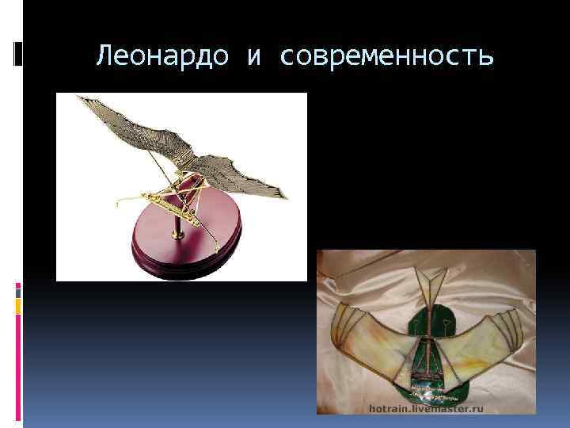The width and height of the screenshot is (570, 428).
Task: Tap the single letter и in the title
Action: click(255, 56)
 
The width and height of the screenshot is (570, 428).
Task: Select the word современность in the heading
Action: click(388, 56)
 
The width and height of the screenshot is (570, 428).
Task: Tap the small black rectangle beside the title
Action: click(19, 53)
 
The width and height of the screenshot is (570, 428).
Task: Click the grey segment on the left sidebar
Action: click(18, 292)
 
